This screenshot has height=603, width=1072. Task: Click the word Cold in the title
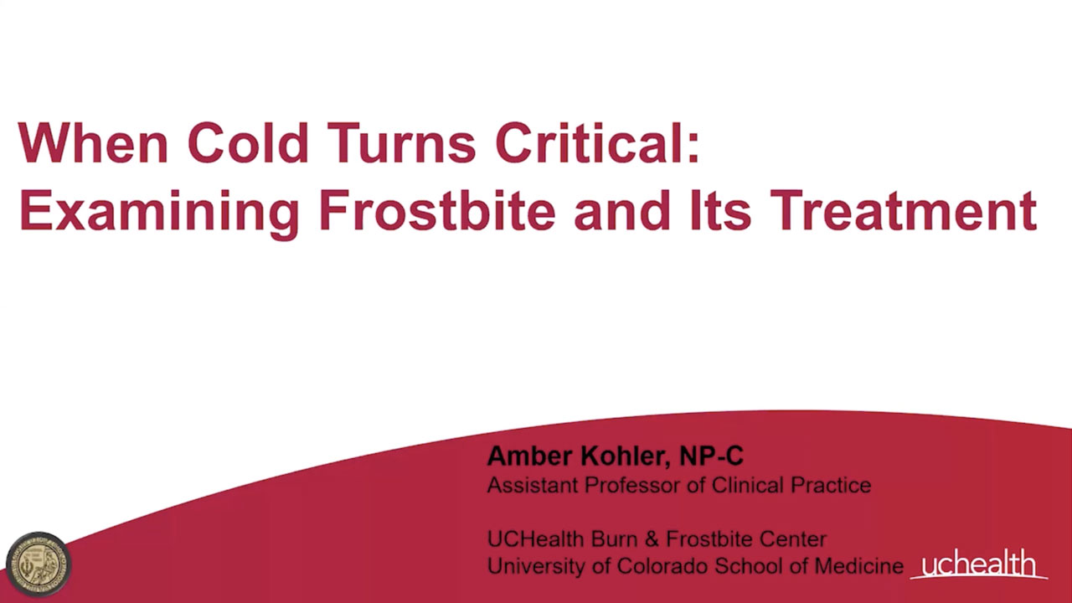(248, 142)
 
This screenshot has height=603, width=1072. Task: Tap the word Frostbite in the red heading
(437, 210)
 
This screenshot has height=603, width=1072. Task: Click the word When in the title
(93, 142)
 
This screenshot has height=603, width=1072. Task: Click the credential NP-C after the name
(712, 456)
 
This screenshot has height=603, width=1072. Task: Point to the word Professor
(633, 485)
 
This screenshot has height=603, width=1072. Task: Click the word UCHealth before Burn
(535, 539)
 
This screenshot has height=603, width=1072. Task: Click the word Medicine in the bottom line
(859, 566)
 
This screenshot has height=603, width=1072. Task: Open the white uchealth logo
(978, 564)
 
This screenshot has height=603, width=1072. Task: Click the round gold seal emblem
(39, 564)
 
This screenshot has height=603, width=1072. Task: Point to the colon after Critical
(693, 147)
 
